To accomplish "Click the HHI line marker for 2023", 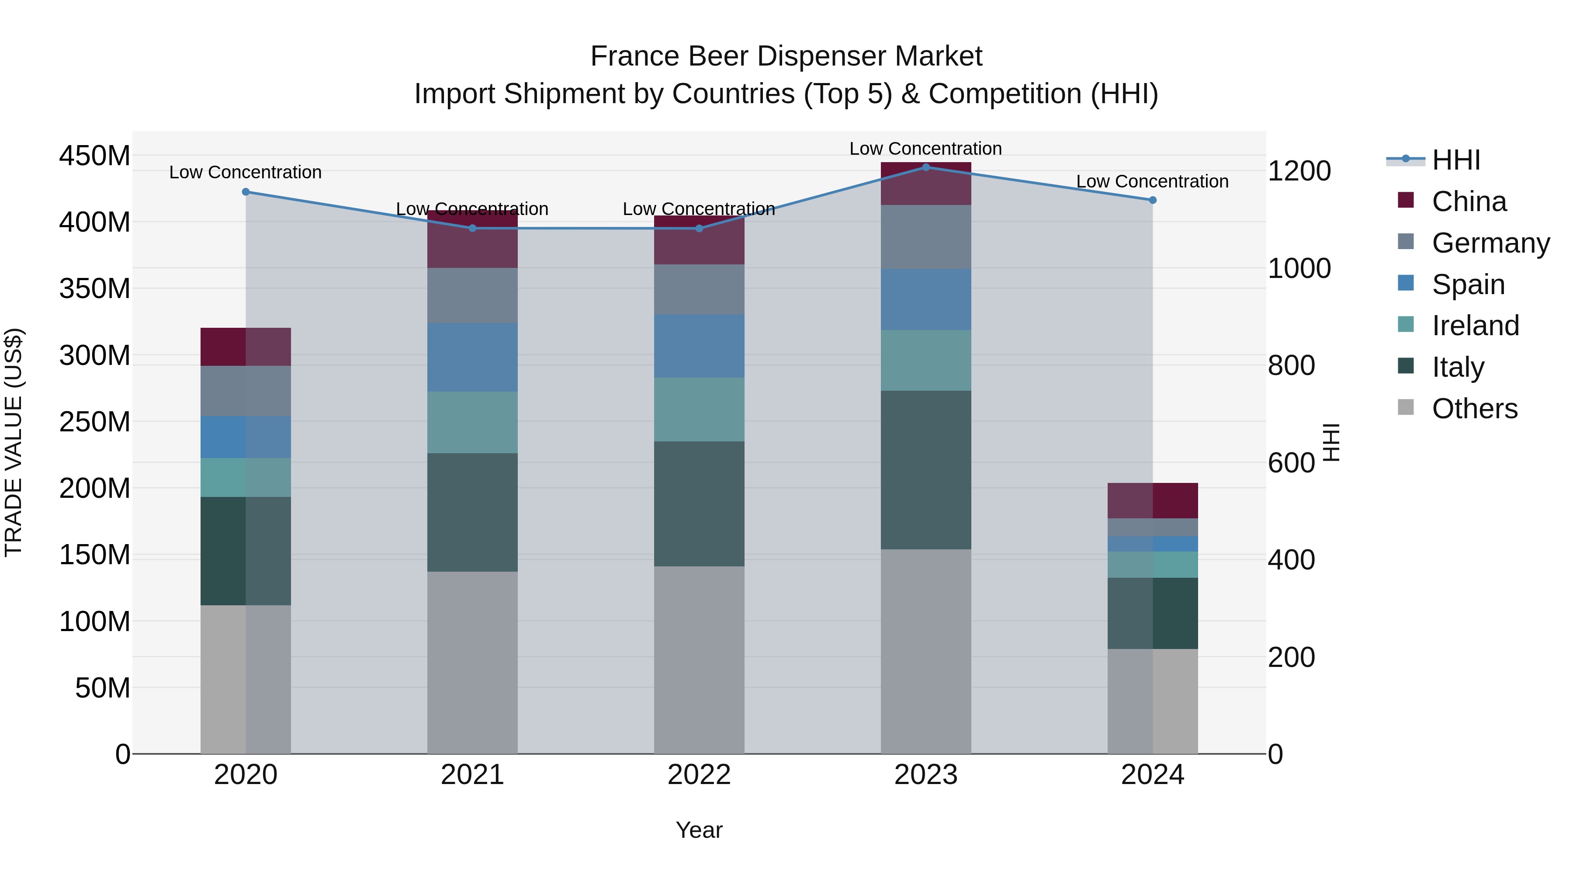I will click(926, 167).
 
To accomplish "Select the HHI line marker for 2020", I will click(246, 192).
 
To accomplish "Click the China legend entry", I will click(1469, 201).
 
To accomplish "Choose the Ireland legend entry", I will click(1475, 326).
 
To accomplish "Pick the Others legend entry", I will click(1474, 409).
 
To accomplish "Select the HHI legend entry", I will click(1456, 160).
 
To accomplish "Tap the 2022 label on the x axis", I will click(699, 775).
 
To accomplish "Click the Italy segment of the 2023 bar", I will click(926, 470).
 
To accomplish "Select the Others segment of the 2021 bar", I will click(472, 662).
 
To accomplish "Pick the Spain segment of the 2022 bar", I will click(699, 346).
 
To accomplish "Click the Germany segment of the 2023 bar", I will click(926, 237).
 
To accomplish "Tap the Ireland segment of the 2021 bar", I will click(472, 422).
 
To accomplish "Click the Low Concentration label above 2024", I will click(1152, 181).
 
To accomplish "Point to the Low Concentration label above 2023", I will click(926, 149).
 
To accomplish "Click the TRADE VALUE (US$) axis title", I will click(14, 442).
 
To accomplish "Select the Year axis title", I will click(699, 830).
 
